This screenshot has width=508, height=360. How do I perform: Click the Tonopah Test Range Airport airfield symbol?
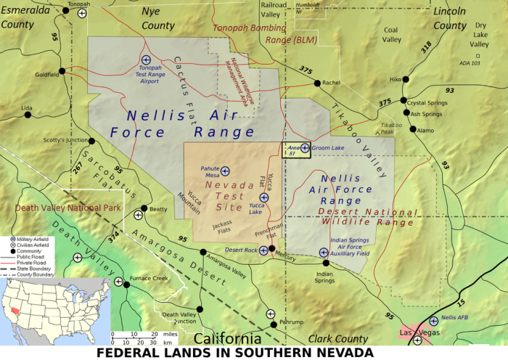pyautogui.click(x=146, y=60)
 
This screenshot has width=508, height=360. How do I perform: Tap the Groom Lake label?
pyautogui.click(x=328, y=148)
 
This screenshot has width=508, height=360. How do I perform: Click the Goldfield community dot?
pyautogui.click(x=62, y=71)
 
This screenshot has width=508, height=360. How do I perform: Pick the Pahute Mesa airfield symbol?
pyautogui.click(x=225, y=171)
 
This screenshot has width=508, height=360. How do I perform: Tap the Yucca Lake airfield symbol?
pyautogui.click(x=264, y=197)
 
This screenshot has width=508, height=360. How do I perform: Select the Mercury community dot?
pyautogui.click(x=272, y=249)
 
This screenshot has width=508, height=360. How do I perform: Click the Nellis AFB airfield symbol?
pyautogui.click(x=433, y=320)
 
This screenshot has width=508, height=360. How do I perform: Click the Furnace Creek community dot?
pyautogui.click(x=126, y=285)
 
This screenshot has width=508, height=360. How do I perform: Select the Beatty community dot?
pyautogui.click(x=144, y=209)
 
